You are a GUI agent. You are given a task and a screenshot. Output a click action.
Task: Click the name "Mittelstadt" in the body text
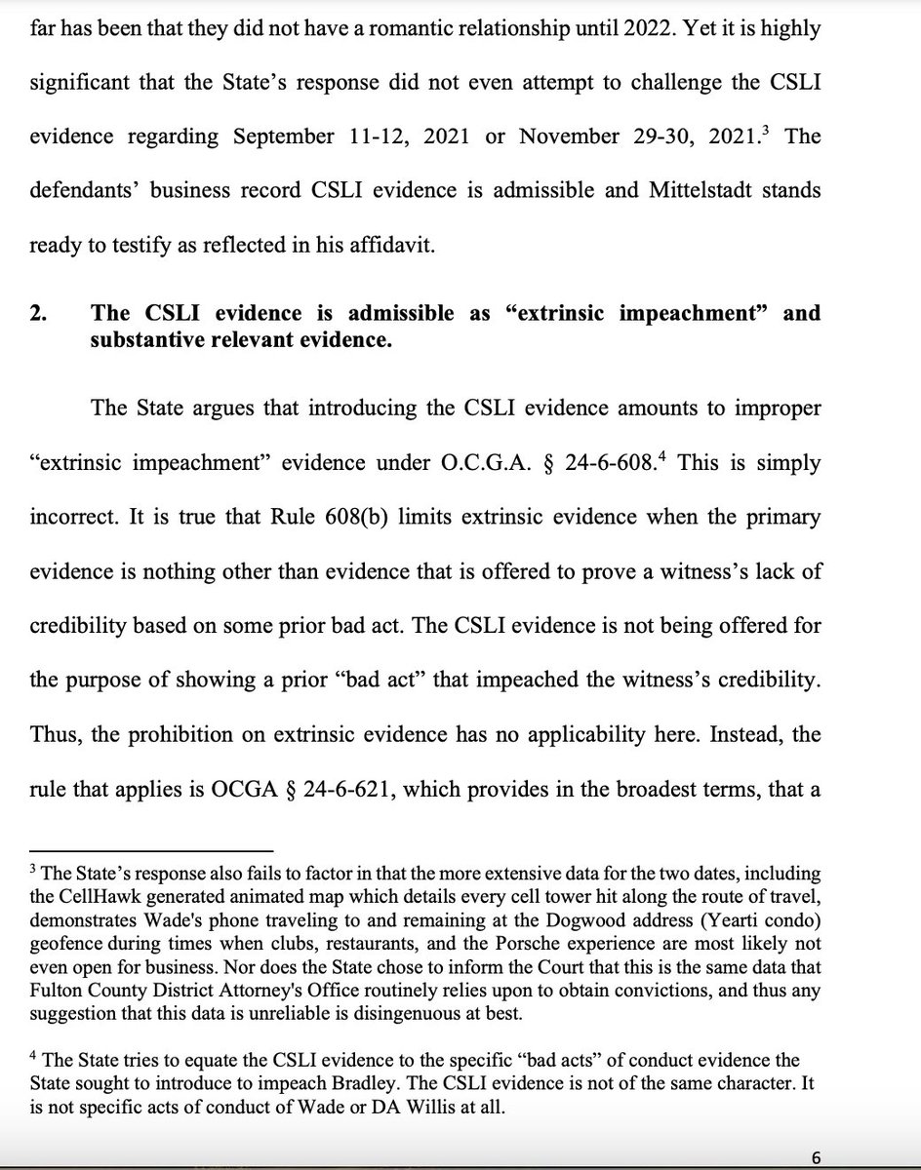698,190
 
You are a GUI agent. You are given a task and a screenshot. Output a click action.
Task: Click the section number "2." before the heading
38,313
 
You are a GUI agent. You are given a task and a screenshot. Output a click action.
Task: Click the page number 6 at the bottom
816,1157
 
